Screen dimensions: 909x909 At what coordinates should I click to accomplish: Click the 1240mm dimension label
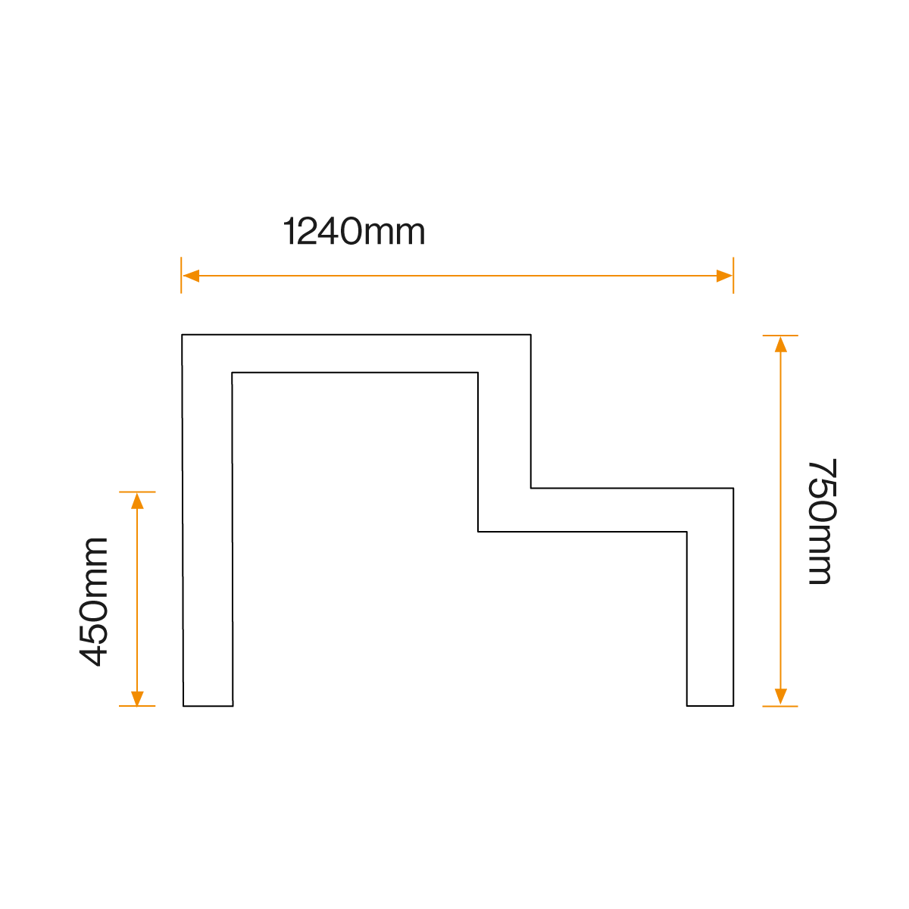click(354, 232)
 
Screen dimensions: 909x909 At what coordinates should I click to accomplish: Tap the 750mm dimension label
click(820, 521)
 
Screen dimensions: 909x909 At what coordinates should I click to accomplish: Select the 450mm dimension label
click(95, 601)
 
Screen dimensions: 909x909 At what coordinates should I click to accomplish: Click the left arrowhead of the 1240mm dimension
click(191, 276)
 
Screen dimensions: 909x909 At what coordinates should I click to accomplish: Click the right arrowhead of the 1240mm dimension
click(724, 276)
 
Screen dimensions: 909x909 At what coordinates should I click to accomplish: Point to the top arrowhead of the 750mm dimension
click(781, 345)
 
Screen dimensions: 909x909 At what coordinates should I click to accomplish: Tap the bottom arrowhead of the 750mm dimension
click(781, 697)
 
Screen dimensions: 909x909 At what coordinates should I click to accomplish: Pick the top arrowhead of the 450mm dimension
click(137, 501)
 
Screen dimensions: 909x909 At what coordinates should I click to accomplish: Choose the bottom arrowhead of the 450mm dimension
click(137, 698)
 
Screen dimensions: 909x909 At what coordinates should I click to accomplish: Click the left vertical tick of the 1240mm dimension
click(182, 275)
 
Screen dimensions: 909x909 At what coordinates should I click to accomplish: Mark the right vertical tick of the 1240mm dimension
click(733, 275)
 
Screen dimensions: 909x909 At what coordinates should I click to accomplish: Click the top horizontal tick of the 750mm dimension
click(780, 336)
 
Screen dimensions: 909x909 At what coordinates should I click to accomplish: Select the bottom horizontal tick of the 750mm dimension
click(780, 706)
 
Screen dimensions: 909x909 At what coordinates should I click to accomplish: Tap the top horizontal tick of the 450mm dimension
click(137, 492)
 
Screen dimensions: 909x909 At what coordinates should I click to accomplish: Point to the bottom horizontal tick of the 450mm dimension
click(137, 706)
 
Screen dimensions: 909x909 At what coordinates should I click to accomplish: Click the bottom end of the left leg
click(208, 705)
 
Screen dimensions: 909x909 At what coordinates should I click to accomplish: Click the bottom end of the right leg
click(710, 705)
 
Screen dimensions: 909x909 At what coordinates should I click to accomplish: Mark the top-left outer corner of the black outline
click(183, 335)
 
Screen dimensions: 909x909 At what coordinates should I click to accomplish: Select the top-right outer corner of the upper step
click(530, 335)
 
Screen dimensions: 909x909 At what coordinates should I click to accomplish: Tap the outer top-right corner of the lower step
click(733, 489)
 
